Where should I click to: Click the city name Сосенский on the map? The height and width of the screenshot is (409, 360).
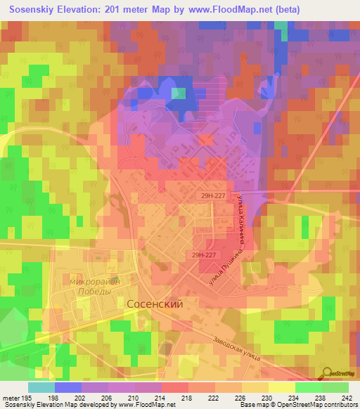tap(155, 304)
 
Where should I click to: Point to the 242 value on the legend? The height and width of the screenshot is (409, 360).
tap(347, 397)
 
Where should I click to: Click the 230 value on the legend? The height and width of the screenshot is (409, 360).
tap(267, 397)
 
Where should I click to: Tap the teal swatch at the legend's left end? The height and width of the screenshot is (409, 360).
tap(41, 387)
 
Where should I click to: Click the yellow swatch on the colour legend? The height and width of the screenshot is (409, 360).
tap(281, 387)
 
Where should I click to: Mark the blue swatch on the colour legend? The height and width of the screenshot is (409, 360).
tap(68, 387)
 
